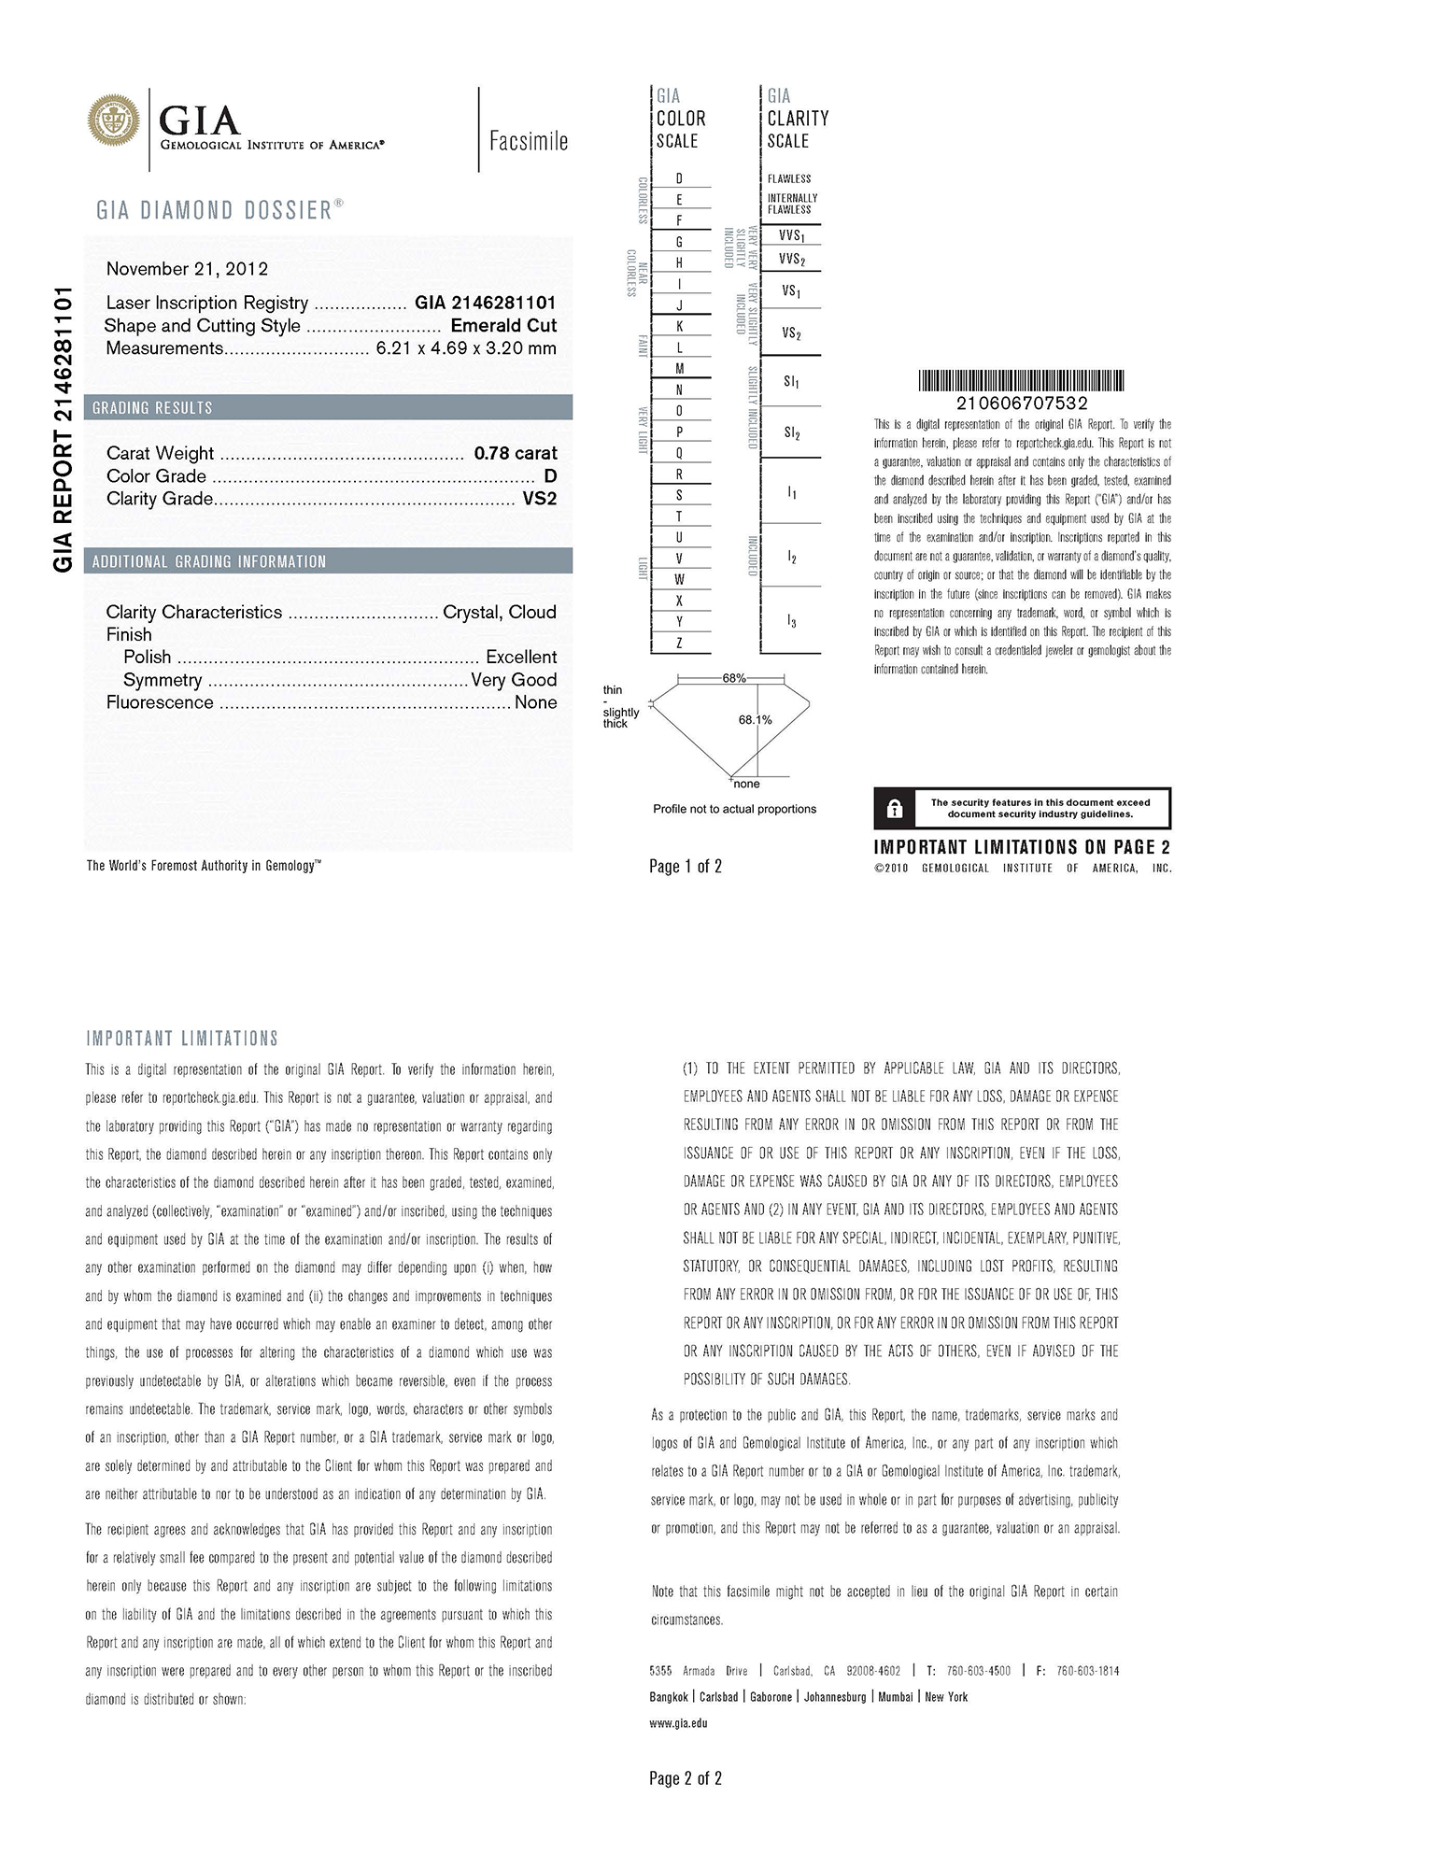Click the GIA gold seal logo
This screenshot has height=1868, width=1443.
pos(114,121)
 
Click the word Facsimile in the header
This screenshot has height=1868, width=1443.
pos(529,141)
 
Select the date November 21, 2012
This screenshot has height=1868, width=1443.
pos(187,269)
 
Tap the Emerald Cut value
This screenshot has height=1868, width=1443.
pos(503,326)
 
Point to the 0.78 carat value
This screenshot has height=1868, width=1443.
pos(516,453)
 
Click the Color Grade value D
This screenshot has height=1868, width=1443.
pos(550,476)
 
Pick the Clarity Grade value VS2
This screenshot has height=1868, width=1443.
pos(540,499)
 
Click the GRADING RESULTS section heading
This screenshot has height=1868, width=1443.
pos(152,408)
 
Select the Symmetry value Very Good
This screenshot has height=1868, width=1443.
pos(514,680)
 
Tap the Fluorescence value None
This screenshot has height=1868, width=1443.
pos(535,702)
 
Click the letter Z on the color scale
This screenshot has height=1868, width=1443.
pos(679,643)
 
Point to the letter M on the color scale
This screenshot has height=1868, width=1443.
pos(679,369)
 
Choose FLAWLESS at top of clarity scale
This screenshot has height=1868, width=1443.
pos(789,178)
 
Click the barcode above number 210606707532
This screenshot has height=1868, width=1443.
pos(1021,380)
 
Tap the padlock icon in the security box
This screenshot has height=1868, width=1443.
pos(894,809)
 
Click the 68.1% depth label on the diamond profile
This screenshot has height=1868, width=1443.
pos(755,720)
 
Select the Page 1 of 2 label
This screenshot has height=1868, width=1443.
pos(686,867)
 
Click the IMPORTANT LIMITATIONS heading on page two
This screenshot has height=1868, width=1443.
pos(182,1039)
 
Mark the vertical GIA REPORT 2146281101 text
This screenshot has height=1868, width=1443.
pos(64,430)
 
